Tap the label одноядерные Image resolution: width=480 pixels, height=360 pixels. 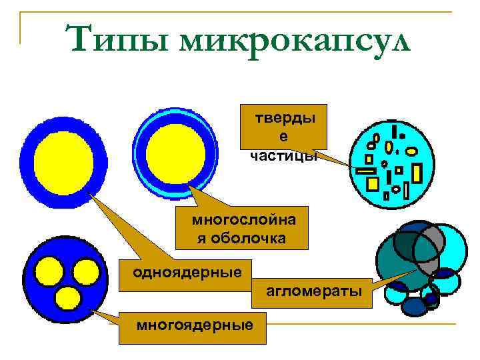(x=178, y=272)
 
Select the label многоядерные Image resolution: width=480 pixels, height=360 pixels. (x=195, y=325)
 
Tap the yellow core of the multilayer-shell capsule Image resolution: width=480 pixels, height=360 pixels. (x=176, y=153)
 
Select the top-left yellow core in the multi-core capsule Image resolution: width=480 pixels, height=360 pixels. (x=49, y=271)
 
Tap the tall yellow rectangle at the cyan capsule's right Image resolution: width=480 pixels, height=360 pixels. (x=417, y=173)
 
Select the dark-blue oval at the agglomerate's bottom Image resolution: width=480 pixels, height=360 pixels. (x=415, y=306)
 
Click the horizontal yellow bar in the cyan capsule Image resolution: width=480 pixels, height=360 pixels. (x=366, y=171)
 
